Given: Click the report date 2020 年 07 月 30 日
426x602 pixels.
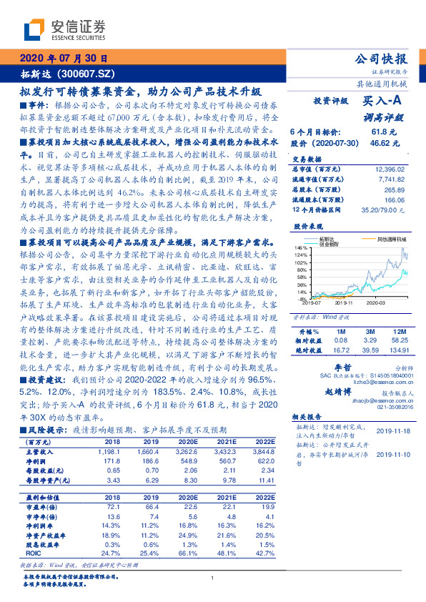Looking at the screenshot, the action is (64, 59).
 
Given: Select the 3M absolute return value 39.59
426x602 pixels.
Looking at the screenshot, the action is (369, 351).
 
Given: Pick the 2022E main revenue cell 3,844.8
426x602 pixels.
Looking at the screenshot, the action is (264, 453).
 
